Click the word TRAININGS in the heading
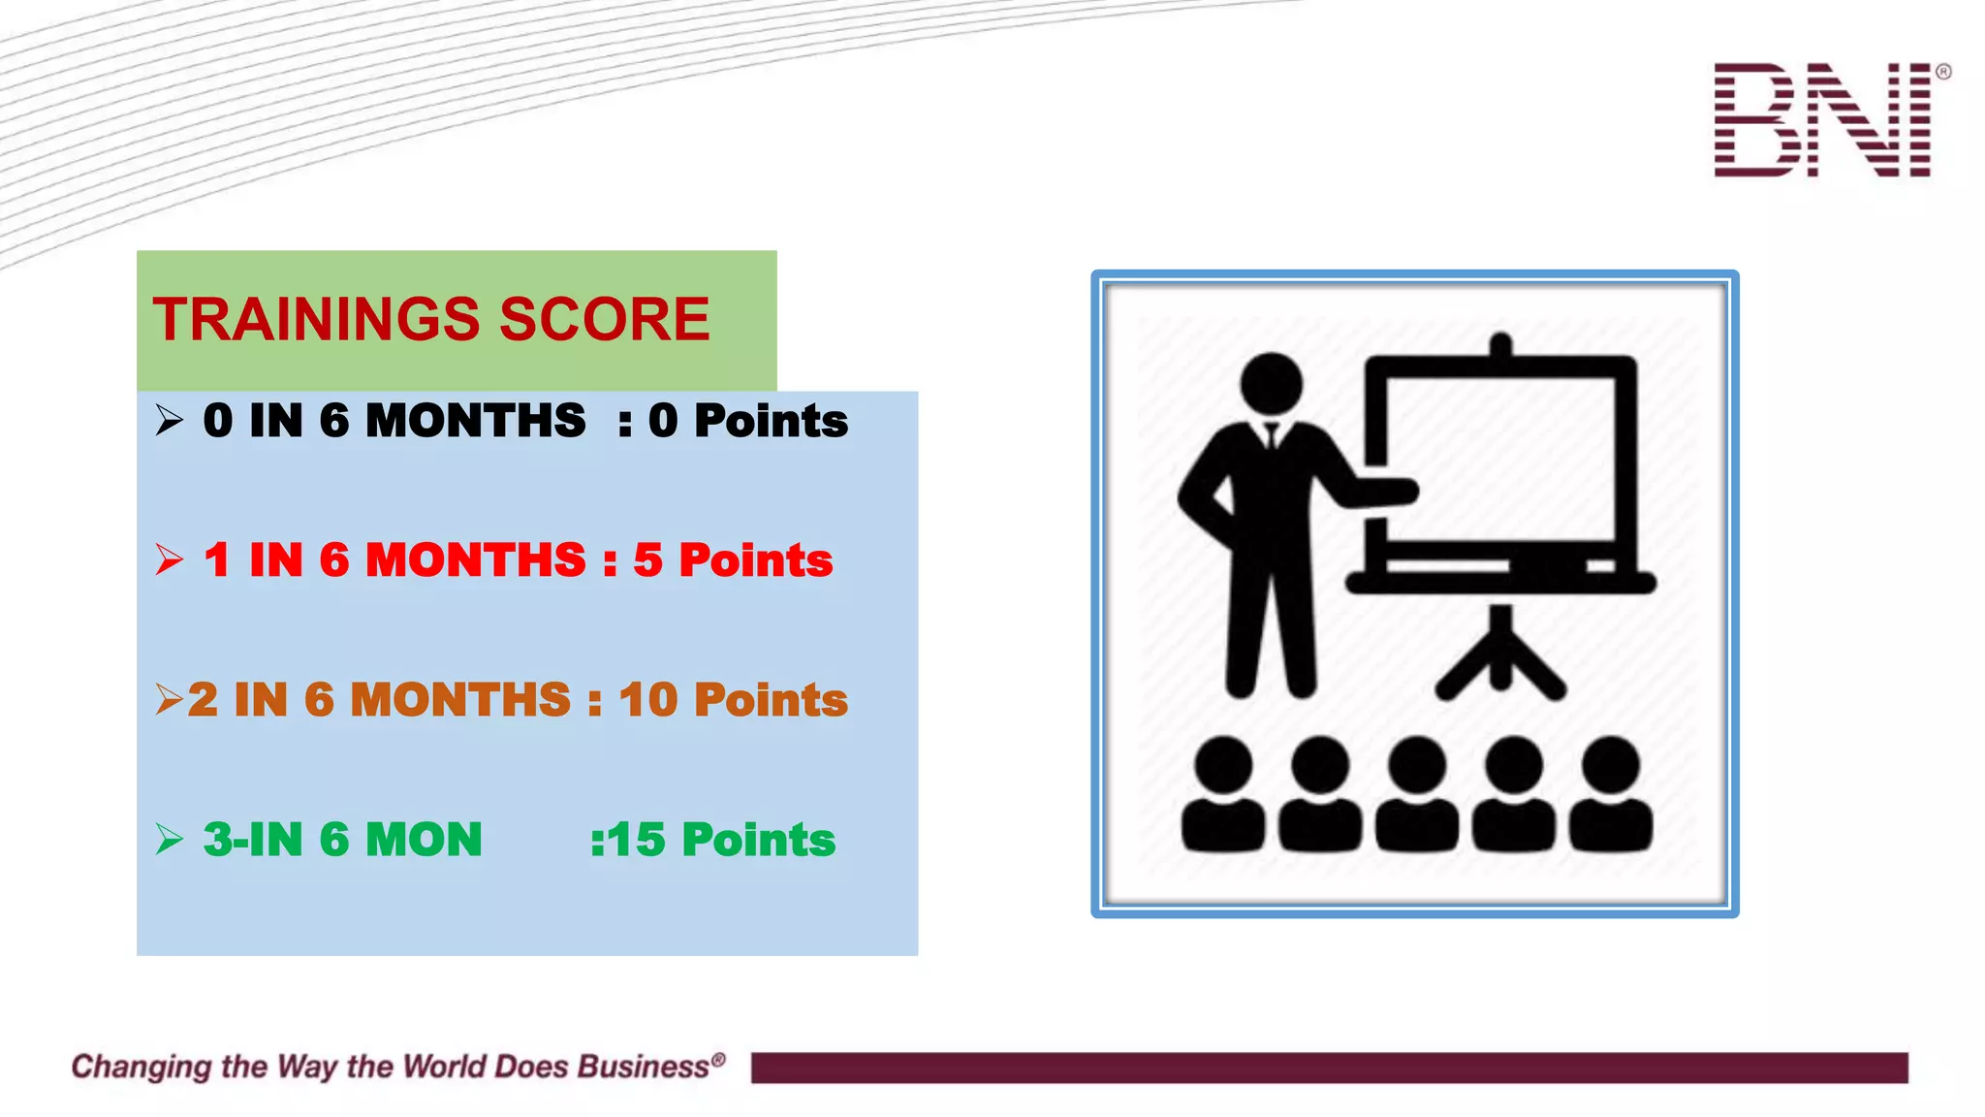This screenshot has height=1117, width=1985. coord(316,319)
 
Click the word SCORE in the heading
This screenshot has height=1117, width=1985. coord(604,319)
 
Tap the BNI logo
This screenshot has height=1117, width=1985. coord(1824,120)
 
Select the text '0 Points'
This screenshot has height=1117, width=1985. coord(747,421)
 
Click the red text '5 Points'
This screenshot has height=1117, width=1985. coord(733,560)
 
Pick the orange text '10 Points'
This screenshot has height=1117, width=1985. coord(733,700)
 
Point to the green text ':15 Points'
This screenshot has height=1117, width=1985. coord(712,840)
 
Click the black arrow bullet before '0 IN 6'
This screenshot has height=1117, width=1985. coord(169,421)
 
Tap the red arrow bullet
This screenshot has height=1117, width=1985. coord(169,560)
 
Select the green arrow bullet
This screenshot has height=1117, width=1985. coord(169,840)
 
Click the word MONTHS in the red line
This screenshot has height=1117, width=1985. coord(475,560)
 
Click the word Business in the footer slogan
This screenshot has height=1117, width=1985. coord(644,1067)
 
